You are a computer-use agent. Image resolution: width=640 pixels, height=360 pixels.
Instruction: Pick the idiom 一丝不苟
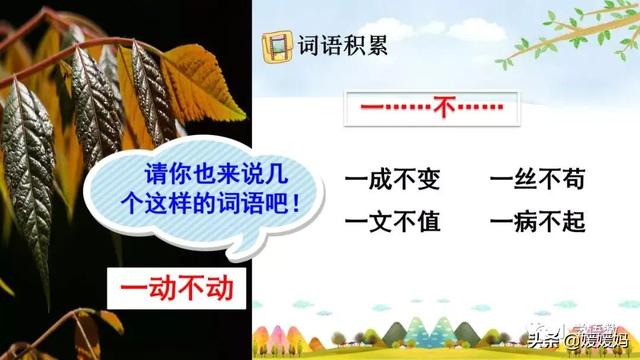537,181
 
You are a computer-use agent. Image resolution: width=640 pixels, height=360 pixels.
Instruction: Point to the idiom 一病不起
537,221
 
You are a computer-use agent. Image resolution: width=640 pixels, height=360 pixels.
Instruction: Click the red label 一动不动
176,288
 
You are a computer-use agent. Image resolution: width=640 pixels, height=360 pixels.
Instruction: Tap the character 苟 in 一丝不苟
572,181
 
